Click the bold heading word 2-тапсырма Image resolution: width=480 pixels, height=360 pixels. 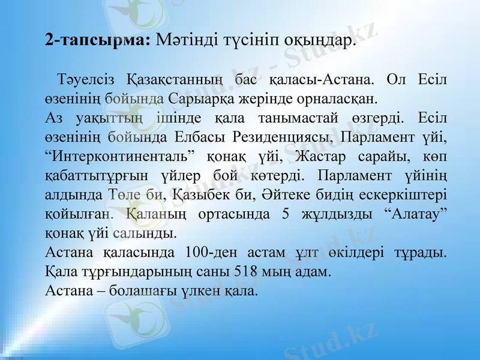tap(98, 41)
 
